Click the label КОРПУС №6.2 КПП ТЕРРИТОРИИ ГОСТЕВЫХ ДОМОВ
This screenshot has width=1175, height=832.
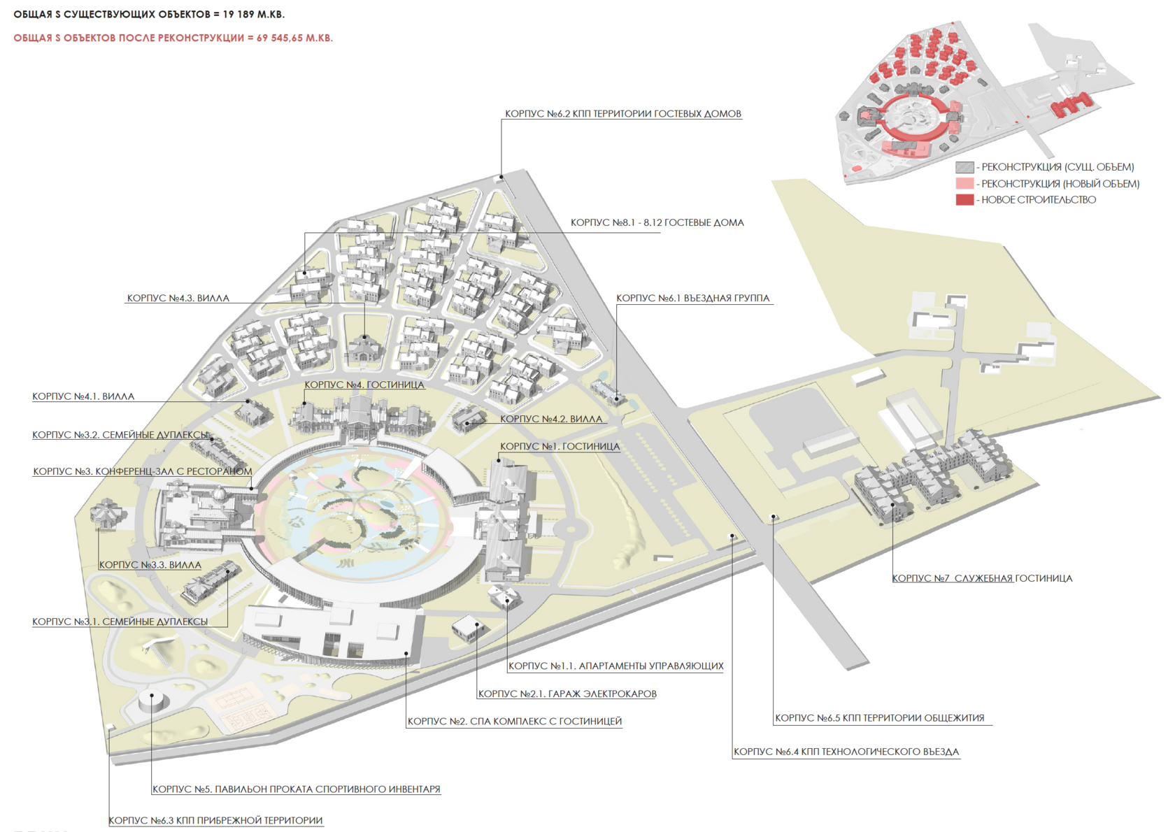pos(622,114)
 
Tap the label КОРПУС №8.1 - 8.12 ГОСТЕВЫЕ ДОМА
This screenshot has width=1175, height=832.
pos(657,223)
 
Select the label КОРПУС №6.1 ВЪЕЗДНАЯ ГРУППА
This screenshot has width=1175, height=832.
pos(692,299)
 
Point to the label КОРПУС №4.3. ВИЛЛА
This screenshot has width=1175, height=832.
pos(178,299)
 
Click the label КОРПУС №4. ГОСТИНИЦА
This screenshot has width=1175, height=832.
pos(364,385)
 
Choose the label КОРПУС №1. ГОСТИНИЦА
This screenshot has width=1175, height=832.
pos(560,447)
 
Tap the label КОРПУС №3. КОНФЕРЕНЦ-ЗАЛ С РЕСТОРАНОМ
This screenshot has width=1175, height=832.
pos(142,472)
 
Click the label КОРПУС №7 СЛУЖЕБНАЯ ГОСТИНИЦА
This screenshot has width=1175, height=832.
pos(982,579)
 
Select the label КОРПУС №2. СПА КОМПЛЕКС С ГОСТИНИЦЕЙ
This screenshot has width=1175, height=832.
pos(514,722)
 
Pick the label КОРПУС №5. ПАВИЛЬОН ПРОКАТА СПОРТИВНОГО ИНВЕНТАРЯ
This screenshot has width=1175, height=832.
pos(297,789)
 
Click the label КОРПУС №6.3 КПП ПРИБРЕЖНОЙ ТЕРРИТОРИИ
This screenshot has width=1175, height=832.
pos(215,821)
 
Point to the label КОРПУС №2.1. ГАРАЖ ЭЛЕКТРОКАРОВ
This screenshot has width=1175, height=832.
pos(567,694)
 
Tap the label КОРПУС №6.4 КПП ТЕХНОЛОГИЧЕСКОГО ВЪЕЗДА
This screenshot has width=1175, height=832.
pos(846,752)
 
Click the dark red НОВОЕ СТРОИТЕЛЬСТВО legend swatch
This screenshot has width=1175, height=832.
pos(964,200)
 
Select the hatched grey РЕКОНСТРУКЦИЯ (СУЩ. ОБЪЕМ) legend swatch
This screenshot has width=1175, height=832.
pos(964,167)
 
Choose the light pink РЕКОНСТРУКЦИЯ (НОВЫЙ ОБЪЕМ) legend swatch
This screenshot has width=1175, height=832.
pos(964,184)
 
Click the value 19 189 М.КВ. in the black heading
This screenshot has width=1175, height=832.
pos(254,15)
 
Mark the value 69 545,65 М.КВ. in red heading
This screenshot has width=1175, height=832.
pos(294,38)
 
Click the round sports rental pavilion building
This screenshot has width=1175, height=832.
pos(152,700)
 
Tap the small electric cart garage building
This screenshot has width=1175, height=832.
pos(467,627)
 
